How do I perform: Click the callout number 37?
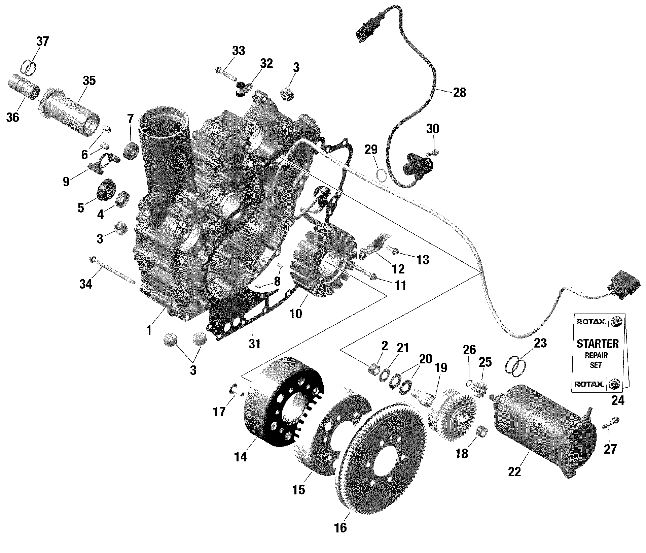pyautogui.click(x=43, y=41)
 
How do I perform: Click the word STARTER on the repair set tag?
pyautogui.click(x=598, y=344)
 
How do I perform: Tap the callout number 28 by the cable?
pyautogui.click(x=460, y=92)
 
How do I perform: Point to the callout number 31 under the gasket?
pyautogui.click(x=255, y=344)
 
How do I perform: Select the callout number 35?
pyautogui.click(x=89, y=81)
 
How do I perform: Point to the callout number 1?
pyautogui.click(x=149, y=330)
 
